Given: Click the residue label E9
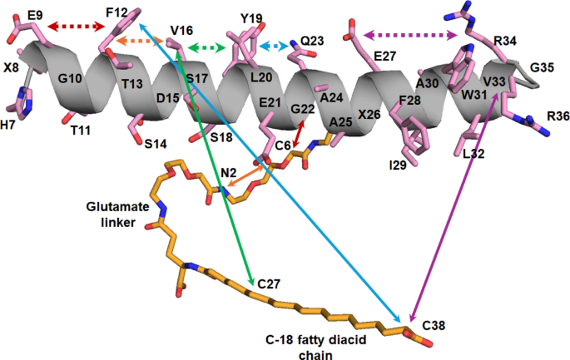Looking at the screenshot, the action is point(35,15).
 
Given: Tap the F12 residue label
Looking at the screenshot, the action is point(116,12).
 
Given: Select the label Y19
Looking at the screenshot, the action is point(251,18).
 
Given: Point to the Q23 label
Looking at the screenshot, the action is point(313,41).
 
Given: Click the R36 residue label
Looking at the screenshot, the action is point(558,116).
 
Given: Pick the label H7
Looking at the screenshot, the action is point(7,125).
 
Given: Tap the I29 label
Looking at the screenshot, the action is point(398,165).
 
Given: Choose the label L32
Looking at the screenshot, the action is point(473,154).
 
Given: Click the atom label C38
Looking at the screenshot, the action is point(434,325).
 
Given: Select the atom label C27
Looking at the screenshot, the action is point(269,284).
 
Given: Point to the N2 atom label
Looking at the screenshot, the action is point(229,173).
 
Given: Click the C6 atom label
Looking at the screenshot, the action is point(283,145).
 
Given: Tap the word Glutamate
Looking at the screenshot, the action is point(118,207).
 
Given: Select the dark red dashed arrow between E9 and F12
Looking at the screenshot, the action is point(77,26).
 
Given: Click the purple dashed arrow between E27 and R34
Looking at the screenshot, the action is point(410,35).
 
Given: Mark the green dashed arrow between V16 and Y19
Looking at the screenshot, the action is point(207,47).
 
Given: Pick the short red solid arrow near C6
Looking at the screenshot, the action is point(297,134).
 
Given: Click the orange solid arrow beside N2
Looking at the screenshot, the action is point(245,175).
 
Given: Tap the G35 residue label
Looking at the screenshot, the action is point(542,67).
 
